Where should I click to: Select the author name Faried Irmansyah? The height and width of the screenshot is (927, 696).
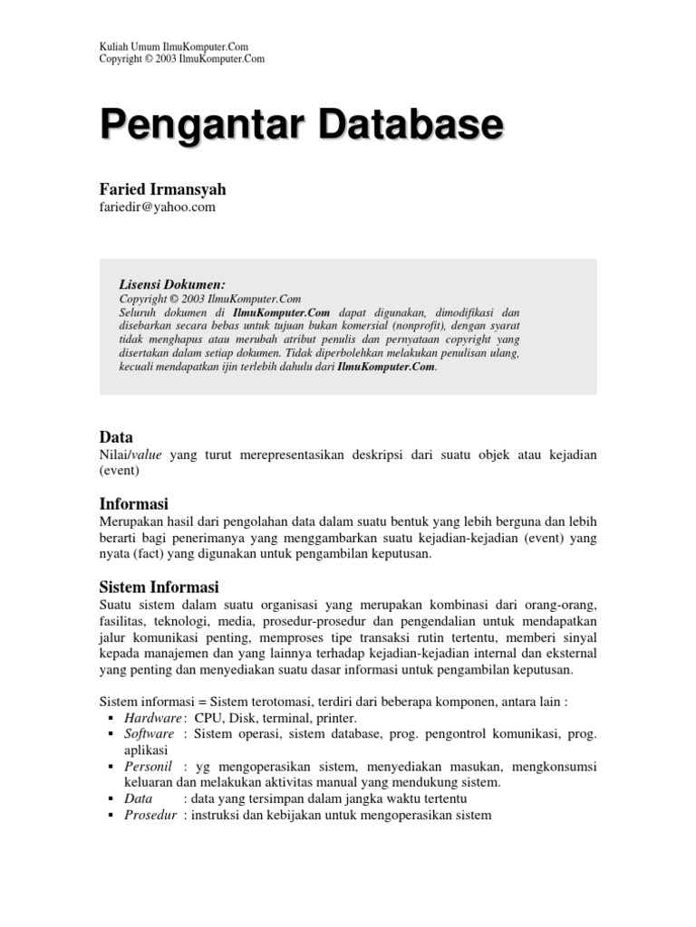click(x=162, y=189)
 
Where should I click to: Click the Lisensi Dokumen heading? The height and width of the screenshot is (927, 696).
click(x=172, y=283)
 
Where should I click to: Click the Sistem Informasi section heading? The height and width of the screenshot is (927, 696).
click(x=159, y=588)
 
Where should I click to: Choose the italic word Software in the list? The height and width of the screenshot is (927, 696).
click(x=149, y=733)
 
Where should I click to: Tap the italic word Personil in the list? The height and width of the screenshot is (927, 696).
click(x=147, y=767)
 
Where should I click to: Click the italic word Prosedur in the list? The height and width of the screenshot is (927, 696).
click(x=150, y=815)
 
